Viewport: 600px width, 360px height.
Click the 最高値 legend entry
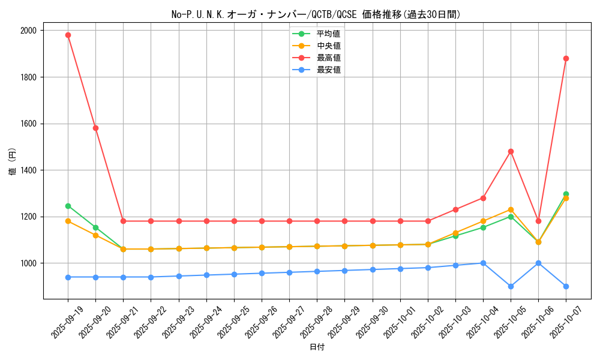(329, 58)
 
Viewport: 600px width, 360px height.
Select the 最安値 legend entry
(329, 70)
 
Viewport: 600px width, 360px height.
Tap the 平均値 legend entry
(329, 34)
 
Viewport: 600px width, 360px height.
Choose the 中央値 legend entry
(329, 46)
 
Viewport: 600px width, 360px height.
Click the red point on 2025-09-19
(68, 35)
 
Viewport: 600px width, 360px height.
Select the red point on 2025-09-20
(95, 128)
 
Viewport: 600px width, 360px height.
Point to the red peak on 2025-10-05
(511, 151)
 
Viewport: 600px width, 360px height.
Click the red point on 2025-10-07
(566, 58)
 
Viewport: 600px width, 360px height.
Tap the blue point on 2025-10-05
(511, 286)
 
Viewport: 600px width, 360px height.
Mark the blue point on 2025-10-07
(566, 286)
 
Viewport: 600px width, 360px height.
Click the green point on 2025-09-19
(68, 206)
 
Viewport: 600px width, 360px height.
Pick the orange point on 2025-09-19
(68, 221)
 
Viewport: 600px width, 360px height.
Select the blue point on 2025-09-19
(68, 277)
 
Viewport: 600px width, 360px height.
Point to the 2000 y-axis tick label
(28, 31)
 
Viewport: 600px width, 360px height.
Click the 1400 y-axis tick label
(28, 170)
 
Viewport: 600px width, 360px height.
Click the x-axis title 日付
(317, 347)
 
